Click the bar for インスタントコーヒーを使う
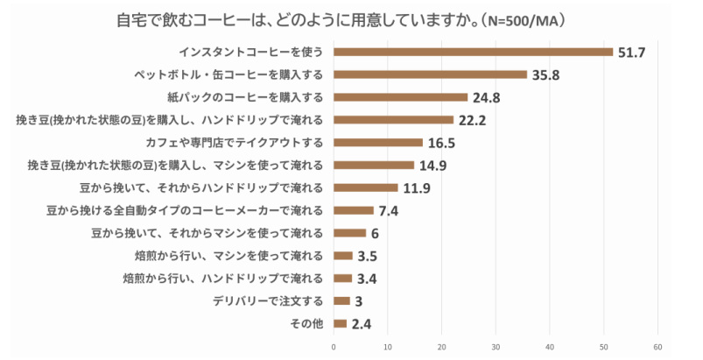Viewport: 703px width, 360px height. pos(473,52)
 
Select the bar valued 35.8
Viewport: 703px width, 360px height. pos(430,74)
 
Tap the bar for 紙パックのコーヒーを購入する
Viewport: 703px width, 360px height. pos(400,97)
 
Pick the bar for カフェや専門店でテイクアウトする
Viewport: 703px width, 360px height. pos(377,142)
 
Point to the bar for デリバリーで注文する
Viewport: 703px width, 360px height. pos(341,300)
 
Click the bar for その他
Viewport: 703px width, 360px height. pos(340,323)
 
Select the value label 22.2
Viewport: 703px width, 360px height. pos(474,120)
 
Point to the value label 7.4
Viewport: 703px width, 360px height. pos(389,211)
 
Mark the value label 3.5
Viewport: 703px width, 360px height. pos(369,257)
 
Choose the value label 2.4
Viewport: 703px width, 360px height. pos(362,324)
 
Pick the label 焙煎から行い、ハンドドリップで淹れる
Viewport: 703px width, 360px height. pos(223,279)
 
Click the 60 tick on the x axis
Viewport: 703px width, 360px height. pos(657,347)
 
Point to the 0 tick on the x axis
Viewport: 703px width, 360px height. pos(334,347)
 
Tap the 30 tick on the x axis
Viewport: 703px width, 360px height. pos(496,347)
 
